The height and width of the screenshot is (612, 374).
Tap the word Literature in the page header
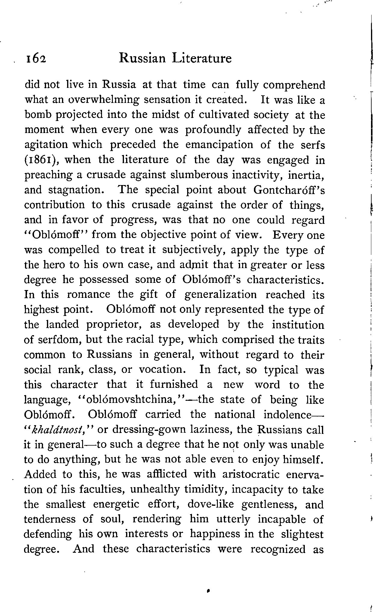click(x=202, y=58)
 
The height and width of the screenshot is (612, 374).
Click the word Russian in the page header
click(x=142, y=58)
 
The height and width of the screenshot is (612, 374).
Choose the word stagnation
click(x=79, y=190)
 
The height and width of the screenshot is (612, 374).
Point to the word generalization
click(x=221, y=295)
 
